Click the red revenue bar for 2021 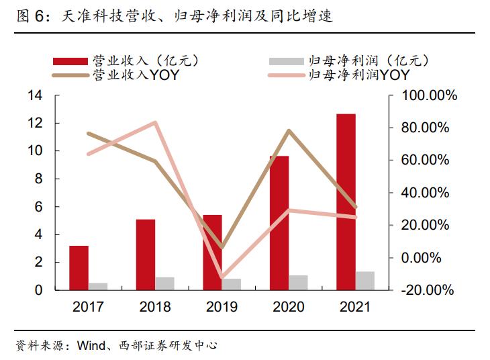[x=346, y=201]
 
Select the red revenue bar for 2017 [x=79, y=267]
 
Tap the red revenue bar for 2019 [x=212, y=252]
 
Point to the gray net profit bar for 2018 [x=164, y=283]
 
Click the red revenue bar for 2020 [x=279, y=222]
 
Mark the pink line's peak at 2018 [x=155, y=123]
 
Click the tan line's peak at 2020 [x=289, y=130]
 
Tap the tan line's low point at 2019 [x=222, y=248]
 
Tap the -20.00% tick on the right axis [x=428, y=290]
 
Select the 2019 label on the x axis [x=222, y=307]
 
